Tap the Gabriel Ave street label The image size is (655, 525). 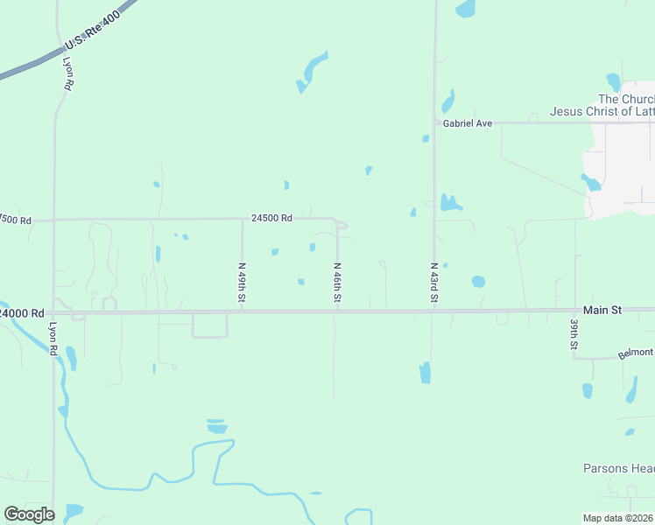[x=467, y=124]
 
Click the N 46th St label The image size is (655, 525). [x=337, y=283]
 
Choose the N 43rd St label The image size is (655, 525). [x=433, y=283]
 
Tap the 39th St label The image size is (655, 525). [x=574, y=334]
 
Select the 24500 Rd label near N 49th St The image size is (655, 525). [x=271, y=219]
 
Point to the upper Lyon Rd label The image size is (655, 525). [x=67, y=74]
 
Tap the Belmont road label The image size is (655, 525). [x=636, y=353]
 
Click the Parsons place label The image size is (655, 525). [x=620, y=468]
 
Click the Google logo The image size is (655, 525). [x=29, y=514]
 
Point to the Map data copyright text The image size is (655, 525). [x=618, y=518]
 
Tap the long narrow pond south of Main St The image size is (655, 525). [x=425, y=372]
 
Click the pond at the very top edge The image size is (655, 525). [x=465, y=9]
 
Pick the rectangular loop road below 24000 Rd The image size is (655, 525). [x=209, y=325]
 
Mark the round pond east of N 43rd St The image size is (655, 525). [x=478, y=282]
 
